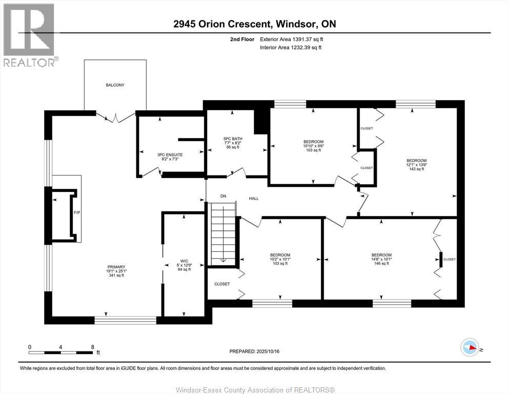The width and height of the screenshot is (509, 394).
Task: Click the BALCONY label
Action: point(115,85)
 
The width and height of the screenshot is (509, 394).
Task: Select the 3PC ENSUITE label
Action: point(170,154)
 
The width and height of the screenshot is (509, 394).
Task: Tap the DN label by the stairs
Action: point(223,196)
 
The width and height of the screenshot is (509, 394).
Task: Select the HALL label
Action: point(254,198)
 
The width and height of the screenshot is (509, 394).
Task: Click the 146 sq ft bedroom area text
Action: point(381,264)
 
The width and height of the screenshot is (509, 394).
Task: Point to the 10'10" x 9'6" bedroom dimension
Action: point(313,146)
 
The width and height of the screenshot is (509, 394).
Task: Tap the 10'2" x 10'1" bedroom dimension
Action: point(280,259)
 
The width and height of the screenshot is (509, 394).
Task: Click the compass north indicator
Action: point(470,348)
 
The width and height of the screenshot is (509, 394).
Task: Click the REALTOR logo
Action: point(29,34)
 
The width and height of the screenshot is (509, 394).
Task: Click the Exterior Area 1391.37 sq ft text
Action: point(292,38)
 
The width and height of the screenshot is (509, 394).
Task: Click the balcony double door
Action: point(116,117)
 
